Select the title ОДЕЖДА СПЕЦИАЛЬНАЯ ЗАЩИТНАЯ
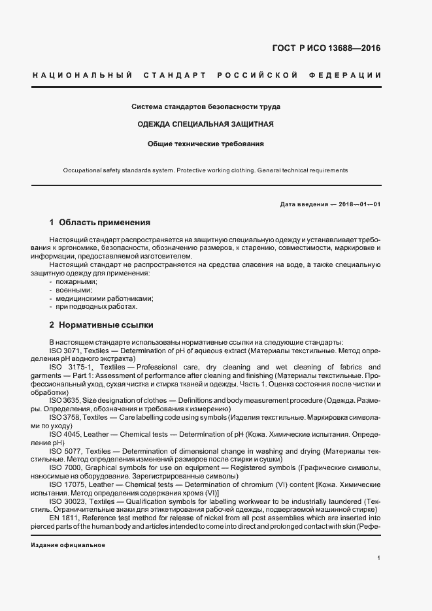click(x=205, y=124)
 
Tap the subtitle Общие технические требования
click(x=205, y=143)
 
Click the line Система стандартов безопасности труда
click(x=205, y=106)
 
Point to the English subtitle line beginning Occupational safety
click(x=205, y=170)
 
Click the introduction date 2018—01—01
click(x=357, y=204)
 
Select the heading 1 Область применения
click(x=100, y=222)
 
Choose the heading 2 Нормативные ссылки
click(x=101, y=324)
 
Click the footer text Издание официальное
click(x=68, y=544)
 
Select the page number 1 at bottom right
click(x=379, y=557)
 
